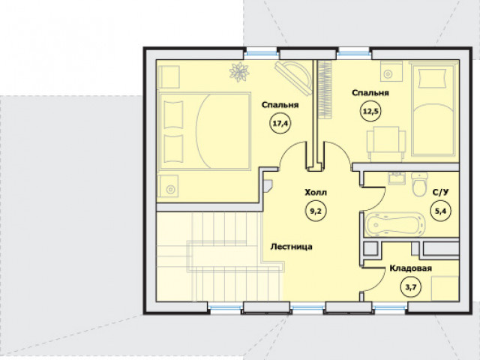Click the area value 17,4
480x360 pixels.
click(280, 124)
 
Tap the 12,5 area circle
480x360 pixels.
click(370, 111)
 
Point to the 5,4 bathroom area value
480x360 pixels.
click(440, 211)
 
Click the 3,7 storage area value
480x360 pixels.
click(411, 287)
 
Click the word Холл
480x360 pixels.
click(316, 193)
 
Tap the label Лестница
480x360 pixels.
click(292, 247)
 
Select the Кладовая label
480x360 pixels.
click(410, 268)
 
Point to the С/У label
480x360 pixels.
click(440, 192)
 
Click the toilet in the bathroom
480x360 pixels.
click(419, 184)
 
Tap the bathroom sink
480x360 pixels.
click(397, 178)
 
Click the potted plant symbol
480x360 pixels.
click(239, 72)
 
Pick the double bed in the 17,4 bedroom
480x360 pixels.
click(204, 131)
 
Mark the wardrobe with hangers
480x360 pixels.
click(325, 90)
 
